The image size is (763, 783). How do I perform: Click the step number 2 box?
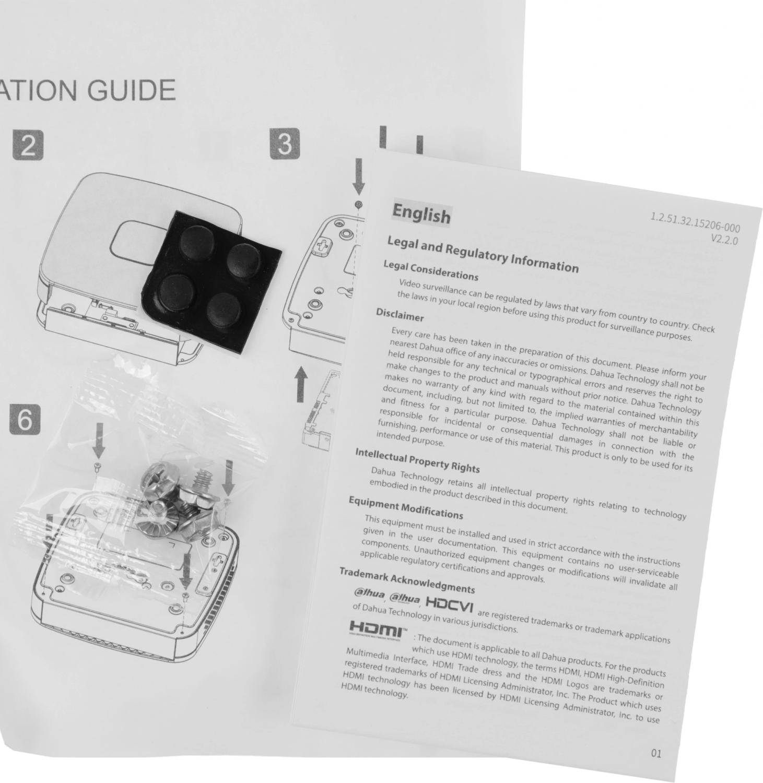[28, 146]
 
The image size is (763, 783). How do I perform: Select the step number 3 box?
[285, 144]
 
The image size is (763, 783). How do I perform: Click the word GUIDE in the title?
[131, 91]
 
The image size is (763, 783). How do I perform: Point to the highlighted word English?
[421, 213]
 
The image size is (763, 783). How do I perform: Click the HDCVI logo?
[450, 606]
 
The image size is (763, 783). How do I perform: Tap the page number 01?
[656, 753]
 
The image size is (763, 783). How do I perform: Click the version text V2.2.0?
[724, 240]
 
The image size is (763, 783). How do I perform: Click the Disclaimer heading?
[400, 315]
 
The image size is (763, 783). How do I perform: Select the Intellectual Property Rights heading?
[417, 460]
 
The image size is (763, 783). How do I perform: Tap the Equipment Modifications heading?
[406, 508]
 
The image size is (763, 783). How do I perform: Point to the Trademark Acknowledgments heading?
[407, 580]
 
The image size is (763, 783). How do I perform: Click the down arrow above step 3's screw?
[359, 176]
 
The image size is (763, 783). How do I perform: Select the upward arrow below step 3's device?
[300, 384]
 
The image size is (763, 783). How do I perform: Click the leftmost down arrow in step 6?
[99, 440]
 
